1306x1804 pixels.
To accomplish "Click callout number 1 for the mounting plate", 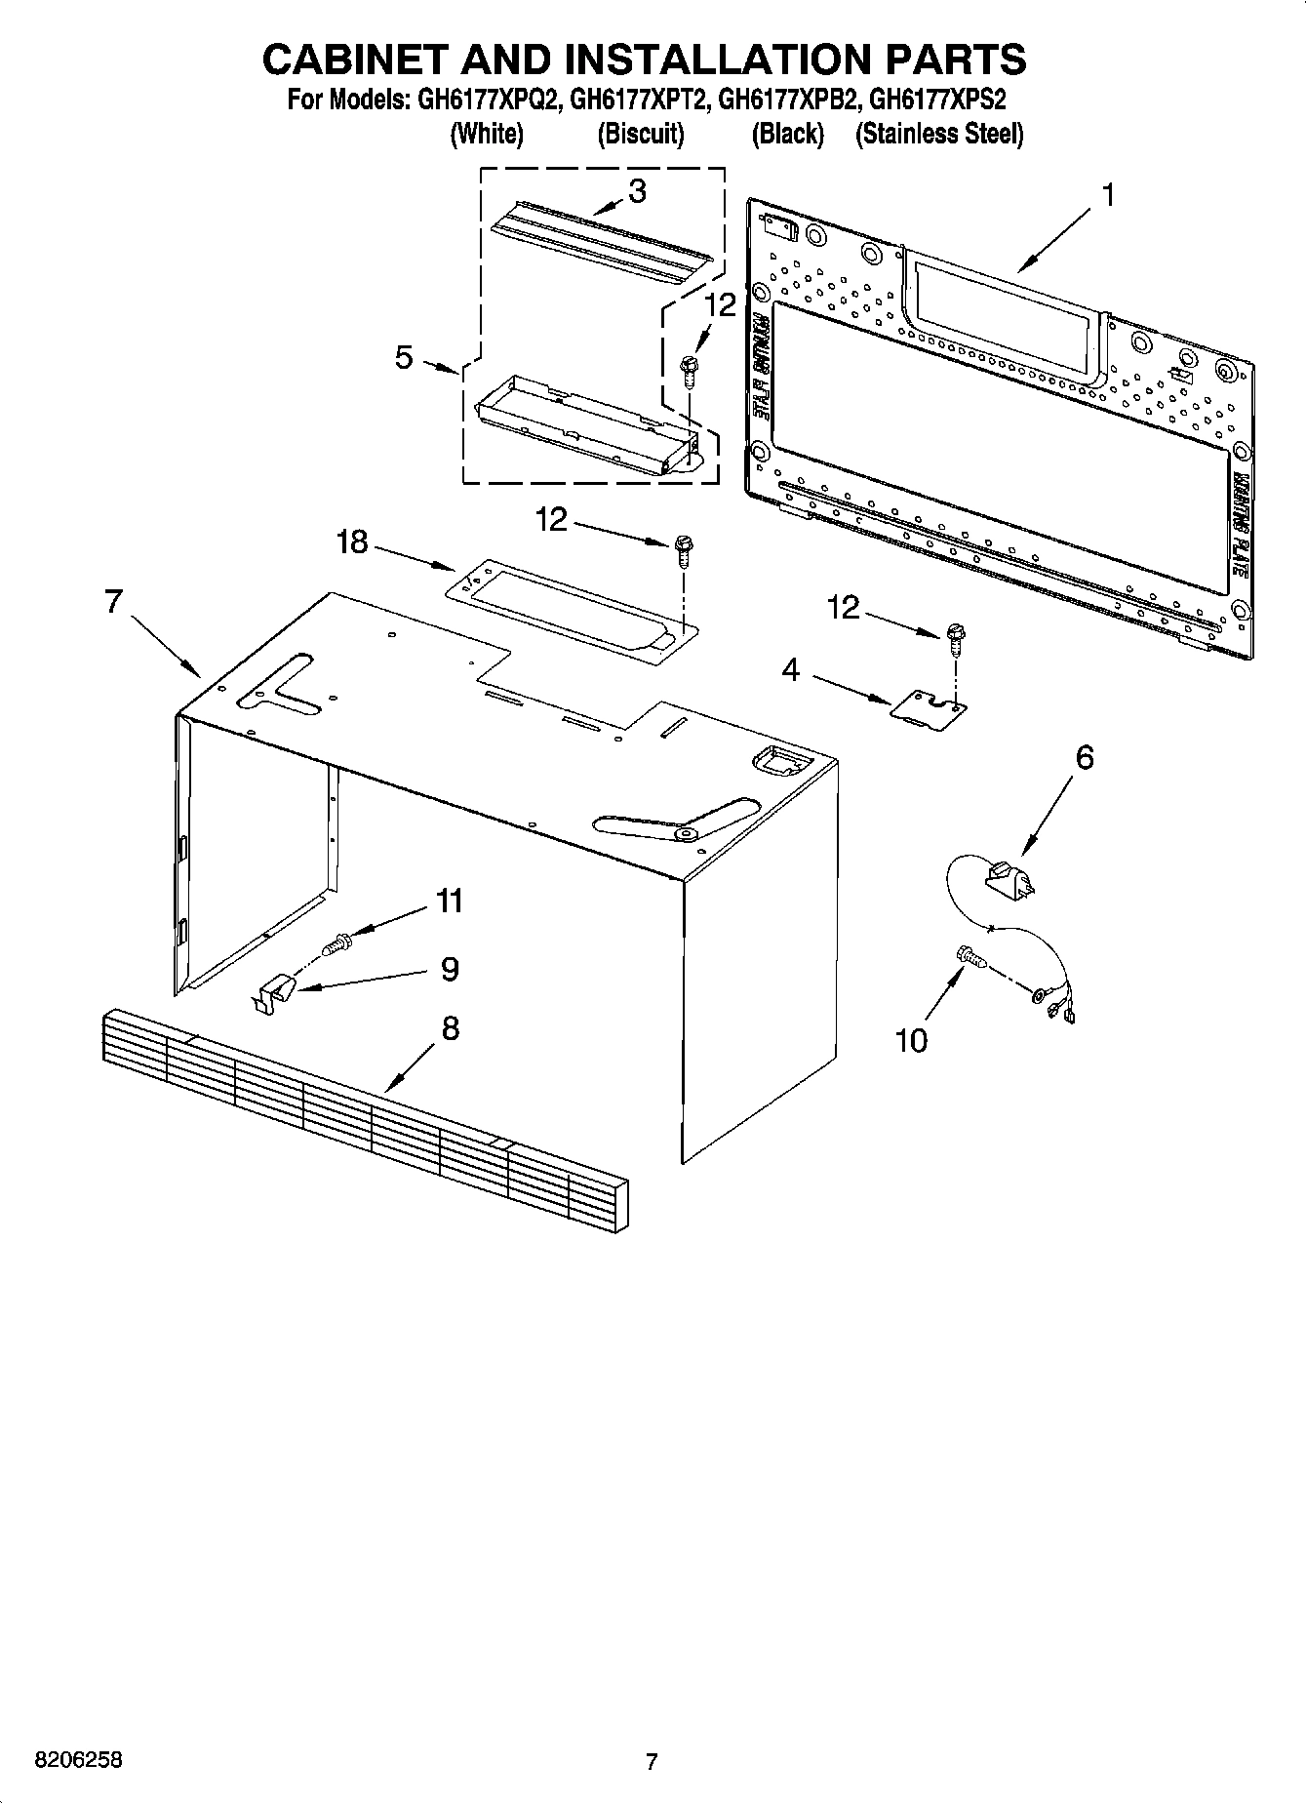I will pyautogui.click(x=1107, y=195).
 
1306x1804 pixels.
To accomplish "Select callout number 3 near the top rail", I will pyautogui.click(x=637, y=191).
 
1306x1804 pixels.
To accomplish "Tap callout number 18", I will pyautogui.click(x=352, y=541).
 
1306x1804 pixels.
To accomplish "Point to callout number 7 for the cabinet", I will pyautogui.click(x=113, y=602).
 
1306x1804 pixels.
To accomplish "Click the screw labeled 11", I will pyautogui.click(x=338, y=943).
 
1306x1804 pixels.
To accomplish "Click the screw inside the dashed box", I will pyautogui.click(x=689, y=370).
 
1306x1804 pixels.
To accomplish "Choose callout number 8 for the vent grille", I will pyautogui.click(x=450, y=1027).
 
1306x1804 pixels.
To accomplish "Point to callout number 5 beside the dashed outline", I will pyautogui.click(x=404, y=357).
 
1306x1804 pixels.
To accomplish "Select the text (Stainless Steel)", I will pyautogui.click(x=938, y=134).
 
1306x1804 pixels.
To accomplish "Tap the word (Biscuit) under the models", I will pyautogui.click(x=641, y=134).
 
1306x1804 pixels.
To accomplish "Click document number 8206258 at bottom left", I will pyautogui.click(x=78, y=1760).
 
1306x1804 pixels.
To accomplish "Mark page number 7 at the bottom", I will pyautogui.click(x=652, y=1761).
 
